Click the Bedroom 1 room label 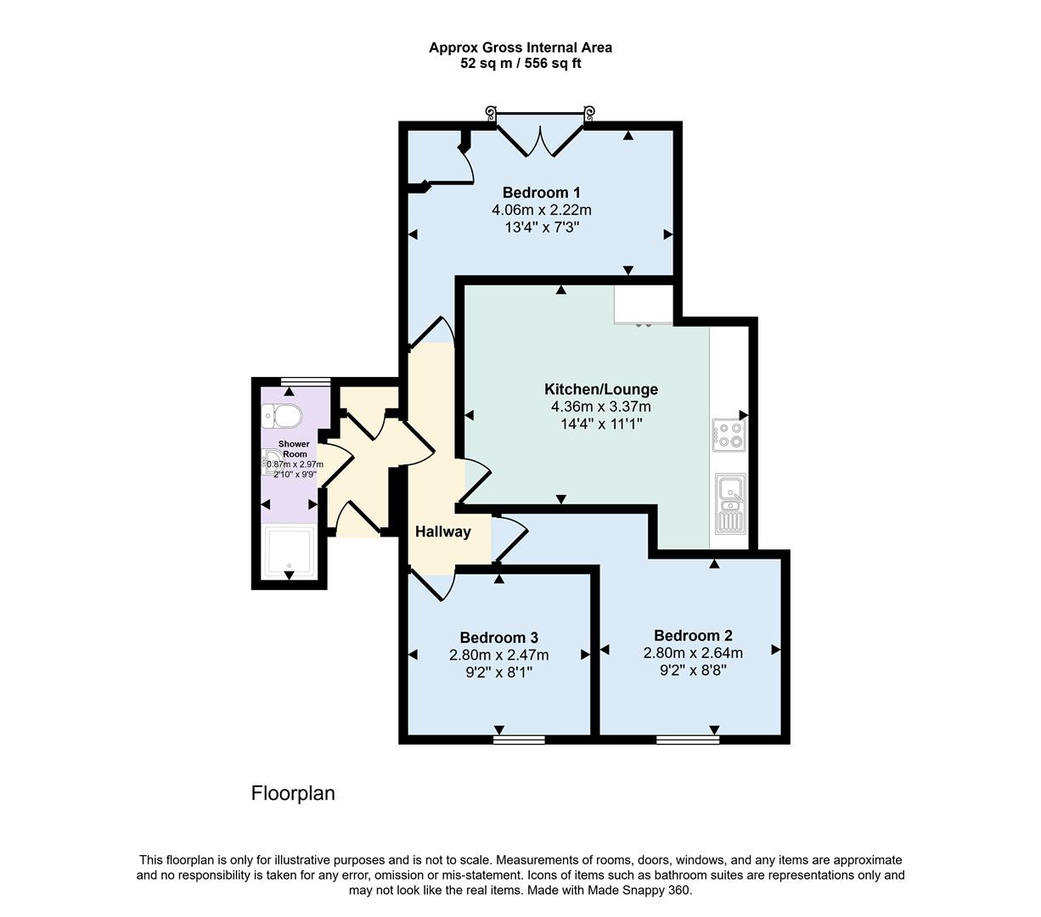pos(541,192)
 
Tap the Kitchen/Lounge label pos(600,390)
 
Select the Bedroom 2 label pos(693,635)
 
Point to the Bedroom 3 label pos(498,638)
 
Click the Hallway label pos(442,532)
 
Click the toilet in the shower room pos(282,416)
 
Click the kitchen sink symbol pos(730,503)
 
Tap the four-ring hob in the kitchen pos(728,435)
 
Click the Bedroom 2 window pos(687,740)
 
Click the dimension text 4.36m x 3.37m pos(600,407)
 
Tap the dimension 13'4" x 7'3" pos(541,227)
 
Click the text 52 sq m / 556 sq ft pos(520,63)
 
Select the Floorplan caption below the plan pos(293,793)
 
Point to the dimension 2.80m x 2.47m pos(498,655)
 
